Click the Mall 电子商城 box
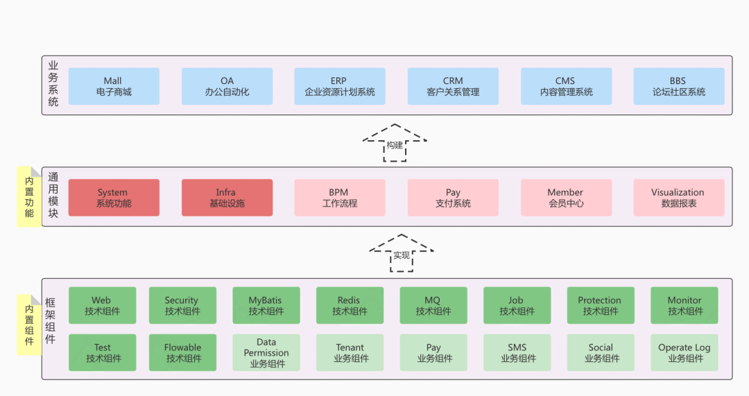pos(114,86)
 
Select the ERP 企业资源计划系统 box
pos(339,86)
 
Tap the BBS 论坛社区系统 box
pos(678,86)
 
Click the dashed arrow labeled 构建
pos(395,143)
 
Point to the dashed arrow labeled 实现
pos(402,253)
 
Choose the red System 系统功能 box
pos(114,198)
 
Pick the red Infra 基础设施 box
pos(227,198)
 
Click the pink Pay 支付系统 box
pos(453,198)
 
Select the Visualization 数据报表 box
pos(678,198)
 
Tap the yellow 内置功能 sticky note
pos(29,197)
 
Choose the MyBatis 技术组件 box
pos(266,306)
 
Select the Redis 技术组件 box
pos(350,306)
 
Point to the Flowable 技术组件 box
pos(182,352)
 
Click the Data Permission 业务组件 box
pos(266,352)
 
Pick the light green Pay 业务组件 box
pos(433,352)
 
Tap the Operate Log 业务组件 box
pos(685,352)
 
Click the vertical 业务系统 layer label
pos(53,83)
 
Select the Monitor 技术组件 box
pos(685,306)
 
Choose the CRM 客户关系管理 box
pos(453,86)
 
